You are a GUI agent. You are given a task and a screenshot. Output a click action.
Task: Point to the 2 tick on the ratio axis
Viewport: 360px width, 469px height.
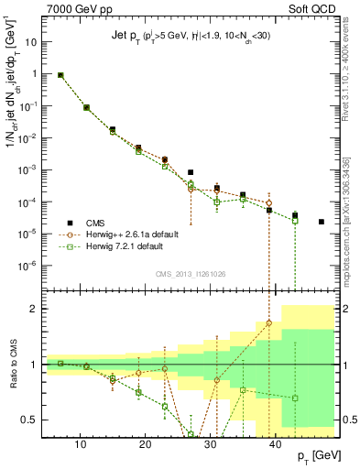click(x=38, y=309)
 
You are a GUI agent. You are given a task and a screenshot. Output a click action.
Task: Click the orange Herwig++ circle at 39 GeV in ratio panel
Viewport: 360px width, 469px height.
click(x=269, y=322)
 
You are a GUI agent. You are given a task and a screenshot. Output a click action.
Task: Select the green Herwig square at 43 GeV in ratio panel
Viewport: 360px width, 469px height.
click(x=295, y=398)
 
